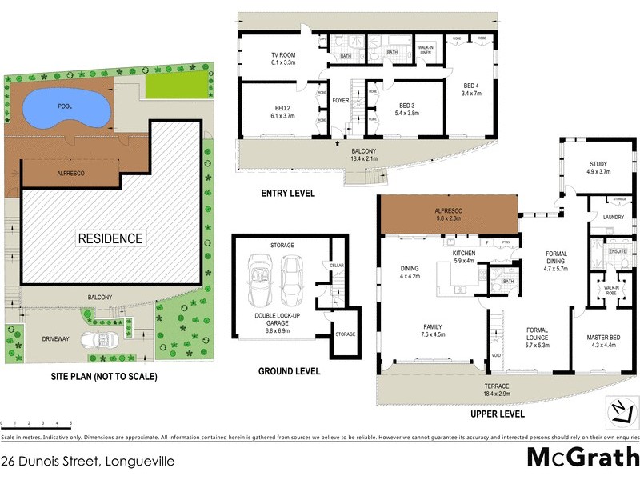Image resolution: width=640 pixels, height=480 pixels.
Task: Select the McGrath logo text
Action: [x=582, y=457]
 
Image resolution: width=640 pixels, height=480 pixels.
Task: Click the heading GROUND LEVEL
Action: [x=290, y=371]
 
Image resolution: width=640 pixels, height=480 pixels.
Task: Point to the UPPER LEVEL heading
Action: [x=498, y=414]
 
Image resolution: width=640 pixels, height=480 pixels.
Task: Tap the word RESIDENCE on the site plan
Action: [x=110, y=238]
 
